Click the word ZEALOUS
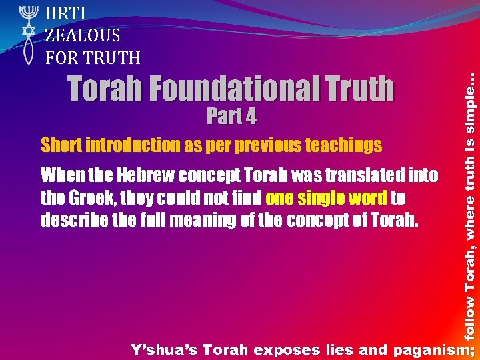pyautogui.click(x=83, y=35)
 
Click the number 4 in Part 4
pyautogui.click(x=249, y=117)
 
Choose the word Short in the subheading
pyautogui.click(x=59, y=145)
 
